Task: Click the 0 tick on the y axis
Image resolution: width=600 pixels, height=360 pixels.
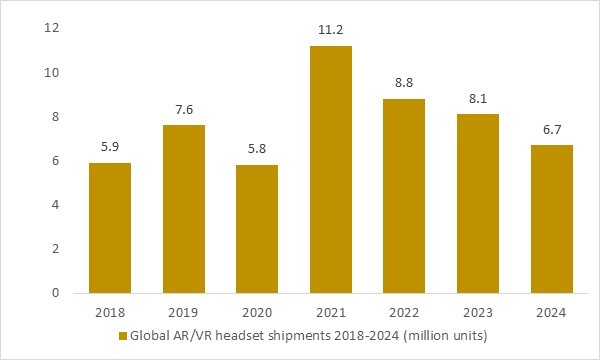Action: (56, 293)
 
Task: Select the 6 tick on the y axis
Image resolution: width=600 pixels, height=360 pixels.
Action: (56, 161)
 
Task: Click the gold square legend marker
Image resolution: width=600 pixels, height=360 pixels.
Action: (123, 336)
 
